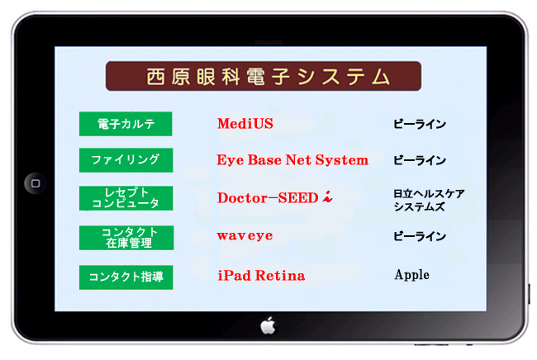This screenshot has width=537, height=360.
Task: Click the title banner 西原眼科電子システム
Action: coord(264,76)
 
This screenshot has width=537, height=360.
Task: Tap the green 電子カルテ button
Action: coord(126,124)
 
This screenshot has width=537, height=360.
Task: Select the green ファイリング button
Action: coord(126,160)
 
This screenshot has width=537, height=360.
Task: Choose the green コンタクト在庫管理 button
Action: coord(126,238)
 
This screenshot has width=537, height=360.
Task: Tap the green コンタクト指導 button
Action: coord(126,277)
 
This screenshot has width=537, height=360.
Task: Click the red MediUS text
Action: coord(245,124)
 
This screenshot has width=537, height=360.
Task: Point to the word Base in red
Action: coord(264,160)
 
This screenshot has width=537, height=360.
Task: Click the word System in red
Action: coord(342,160)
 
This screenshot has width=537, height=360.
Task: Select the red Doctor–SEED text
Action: coord(268,198)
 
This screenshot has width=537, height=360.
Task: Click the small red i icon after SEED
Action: coord(327,197)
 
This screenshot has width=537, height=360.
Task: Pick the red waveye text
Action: coord(245,235)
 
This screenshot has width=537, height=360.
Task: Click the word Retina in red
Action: coord(280,276)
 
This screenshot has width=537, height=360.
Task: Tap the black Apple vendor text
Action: coord(411,275)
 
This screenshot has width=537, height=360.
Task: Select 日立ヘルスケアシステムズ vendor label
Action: coord(429,200)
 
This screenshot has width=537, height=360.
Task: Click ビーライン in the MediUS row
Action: coord(420,124)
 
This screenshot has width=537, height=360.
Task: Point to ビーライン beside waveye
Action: coord(420,236)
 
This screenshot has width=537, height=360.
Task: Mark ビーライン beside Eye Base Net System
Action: coord(420,160)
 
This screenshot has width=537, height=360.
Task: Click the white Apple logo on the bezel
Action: coord(268,325)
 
